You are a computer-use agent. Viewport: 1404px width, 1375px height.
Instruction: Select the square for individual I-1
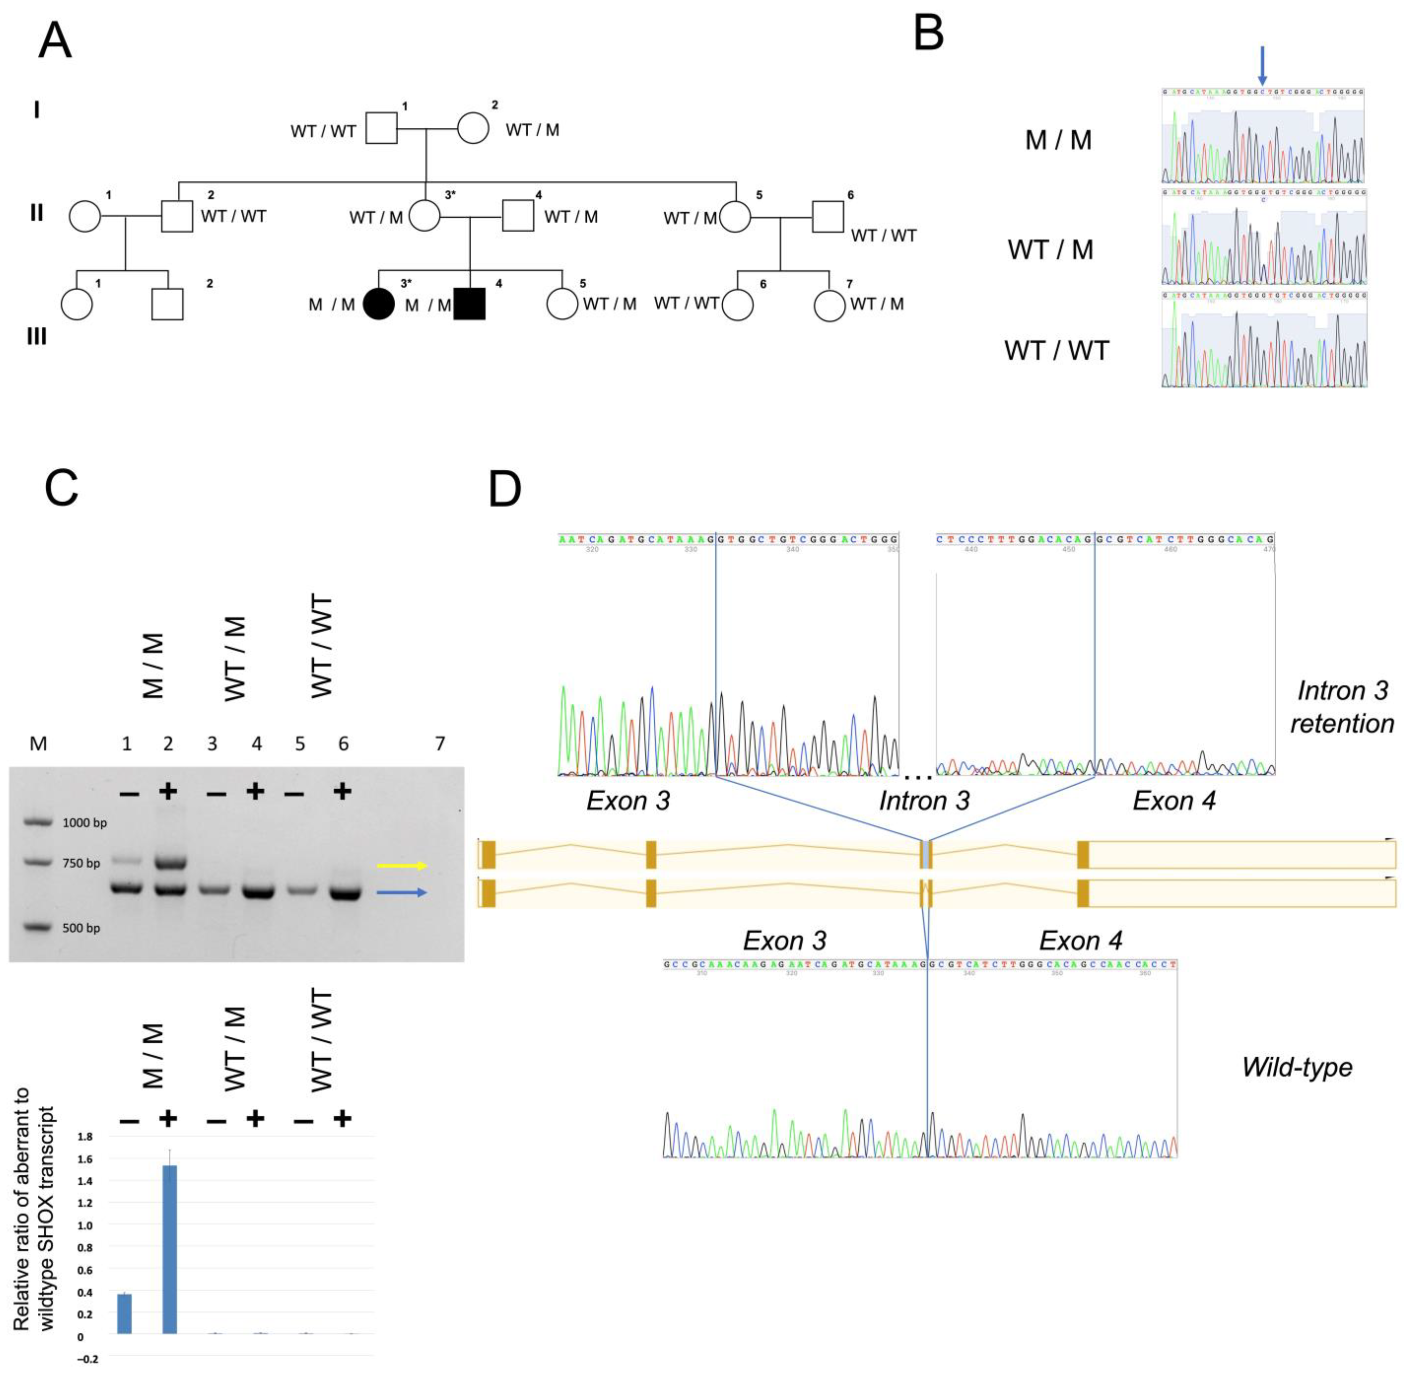coord(381,129)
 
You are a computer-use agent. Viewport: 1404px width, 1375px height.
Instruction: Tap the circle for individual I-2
coord(473,129)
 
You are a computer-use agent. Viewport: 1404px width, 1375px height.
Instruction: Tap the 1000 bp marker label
coord(84,822)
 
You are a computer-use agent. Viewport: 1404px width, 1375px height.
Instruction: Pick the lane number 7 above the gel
coord(440,743)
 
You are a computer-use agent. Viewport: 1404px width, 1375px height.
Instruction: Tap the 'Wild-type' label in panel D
coord(1296,1067)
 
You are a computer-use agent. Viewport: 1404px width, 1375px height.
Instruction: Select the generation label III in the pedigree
coord(37,337)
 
